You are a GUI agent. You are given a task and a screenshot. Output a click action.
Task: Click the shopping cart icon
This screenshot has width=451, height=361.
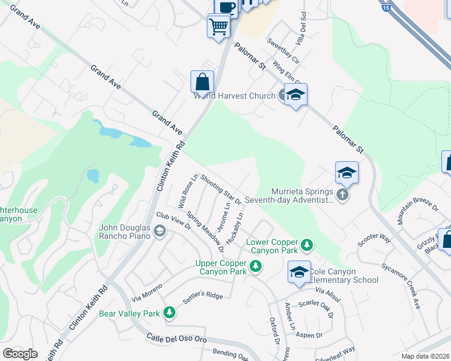[x=218, y=26]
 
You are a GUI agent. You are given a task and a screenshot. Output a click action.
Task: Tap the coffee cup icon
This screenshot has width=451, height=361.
[x=226, y=7]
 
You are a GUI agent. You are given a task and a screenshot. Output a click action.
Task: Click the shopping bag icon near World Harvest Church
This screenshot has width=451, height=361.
[x=203, y=82]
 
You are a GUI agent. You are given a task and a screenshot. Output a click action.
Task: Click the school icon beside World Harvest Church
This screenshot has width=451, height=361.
[x=295, y=94]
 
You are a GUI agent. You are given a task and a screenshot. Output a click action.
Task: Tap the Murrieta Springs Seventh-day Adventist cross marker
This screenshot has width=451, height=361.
[x=342, y=196]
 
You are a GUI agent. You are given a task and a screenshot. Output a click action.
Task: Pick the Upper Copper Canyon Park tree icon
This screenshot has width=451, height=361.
[x=256, y=266]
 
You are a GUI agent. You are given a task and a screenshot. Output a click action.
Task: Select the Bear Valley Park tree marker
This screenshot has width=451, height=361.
[x=170, y=312]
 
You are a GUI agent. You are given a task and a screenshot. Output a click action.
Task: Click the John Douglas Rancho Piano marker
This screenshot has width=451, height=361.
[x=159, y=231]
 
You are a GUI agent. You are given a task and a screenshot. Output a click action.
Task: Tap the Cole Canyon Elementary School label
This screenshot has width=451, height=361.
[x=344, y=276]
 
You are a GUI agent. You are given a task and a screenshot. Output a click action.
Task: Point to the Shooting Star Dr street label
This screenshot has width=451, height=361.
[x=221, y=189]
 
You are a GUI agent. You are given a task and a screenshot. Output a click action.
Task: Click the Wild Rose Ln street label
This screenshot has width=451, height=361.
[x=188, y=189]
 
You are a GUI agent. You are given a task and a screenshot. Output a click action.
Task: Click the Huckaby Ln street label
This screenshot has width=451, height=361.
[x=239, y=224]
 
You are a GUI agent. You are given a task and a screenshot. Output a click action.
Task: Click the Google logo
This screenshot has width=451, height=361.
[x=20, y=353]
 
